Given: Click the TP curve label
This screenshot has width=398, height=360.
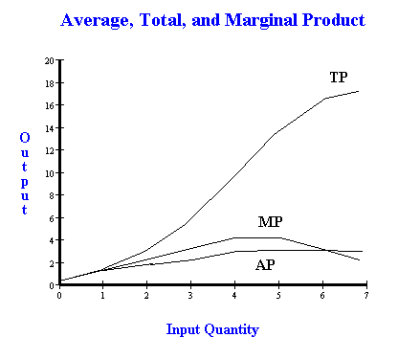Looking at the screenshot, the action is coord(339,78).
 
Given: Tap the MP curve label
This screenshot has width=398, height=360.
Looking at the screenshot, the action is coord(270,221).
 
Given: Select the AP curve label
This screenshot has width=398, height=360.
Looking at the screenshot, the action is coord(265,265).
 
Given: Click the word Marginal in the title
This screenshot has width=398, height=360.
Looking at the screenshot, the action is coord(261,21).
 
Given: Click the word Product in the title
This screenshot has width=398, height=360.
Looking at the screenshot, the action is coord(334,20).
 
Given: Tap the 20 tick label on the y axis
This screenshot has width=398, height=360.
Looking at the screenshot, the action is coord(50,60).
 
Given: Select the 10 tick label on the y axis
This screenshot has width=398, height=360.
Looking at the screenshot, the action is coord(50,173).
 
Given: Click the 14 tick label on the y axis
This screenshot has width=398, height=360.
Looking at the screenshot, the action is coord(50,128).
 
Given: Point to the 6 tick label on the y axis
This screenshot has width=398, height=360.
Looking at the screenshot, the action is coord(52,218).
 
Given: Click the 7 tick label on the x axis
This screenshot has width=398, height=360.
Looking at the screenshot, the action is coord(366,296).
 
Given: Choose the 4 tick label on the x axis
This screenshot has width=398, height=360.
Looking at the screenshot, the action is coord(234,296).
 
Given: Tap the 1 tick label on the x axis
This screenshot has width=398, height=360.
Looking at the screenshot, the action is coord(102,296).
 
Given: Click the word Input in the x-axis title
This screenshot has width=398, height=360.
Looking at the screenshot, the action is coord(183,330).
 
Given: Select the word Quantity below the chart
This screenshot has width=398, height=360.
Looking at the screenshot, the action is coord(232,330).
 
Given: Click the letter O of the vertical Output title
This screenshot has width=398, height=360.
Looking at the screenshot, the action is coord(25,138).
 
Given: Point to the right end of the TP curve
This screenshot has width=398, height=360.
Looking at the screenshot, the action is coord(359,91).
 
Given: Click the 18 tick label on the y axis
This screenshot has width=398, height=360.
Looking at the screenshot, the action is coord(50,83).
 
